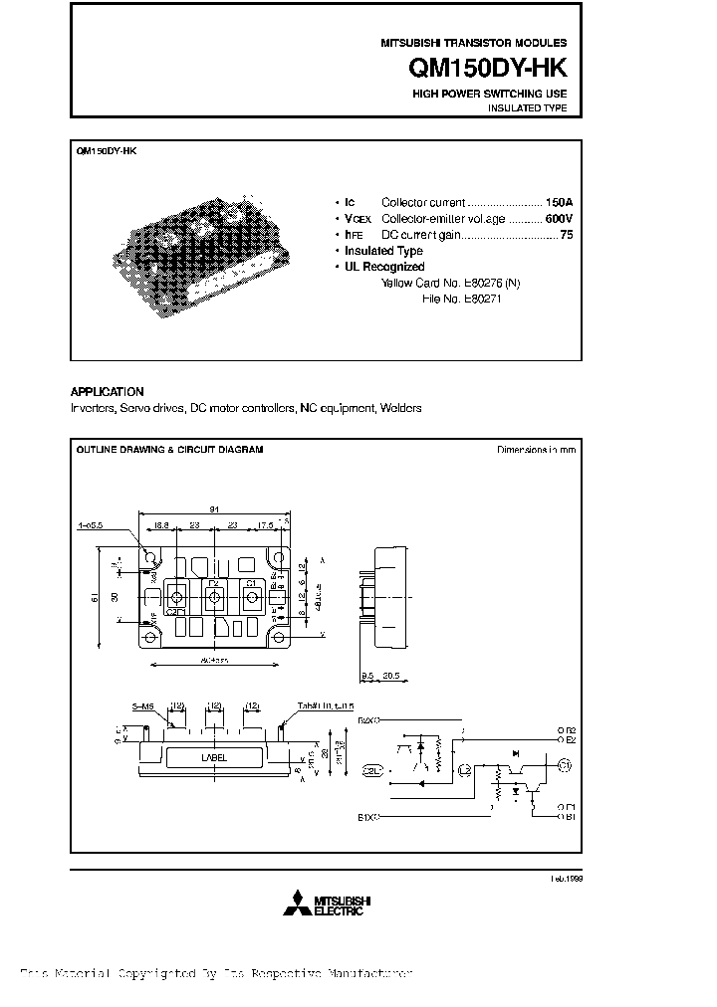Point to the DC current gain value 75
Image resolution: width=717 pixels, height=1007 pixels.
pyautogui.click(x=566, y=235)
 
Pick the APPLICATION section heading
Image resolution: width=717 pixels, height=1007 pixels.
pyautogui.click(x=107, y=392)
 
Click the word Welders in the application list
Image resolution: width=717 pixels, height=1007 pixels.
pyautogui.click(x=401, y=408)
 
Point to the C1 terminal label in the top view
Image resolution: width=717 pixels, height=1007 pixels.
pyautogui.click(x=251, y=583)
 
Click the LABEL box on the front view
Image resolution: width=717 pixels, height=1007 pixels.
pyautogui.click(x=214, y=757)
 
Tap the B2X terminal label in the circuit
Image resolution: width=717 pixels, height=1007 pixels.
pyautogui.click(x=367, y=715)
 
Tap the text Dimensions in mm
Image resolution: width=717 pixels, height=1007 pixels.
pyautogui.click(x=536, y=450)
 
